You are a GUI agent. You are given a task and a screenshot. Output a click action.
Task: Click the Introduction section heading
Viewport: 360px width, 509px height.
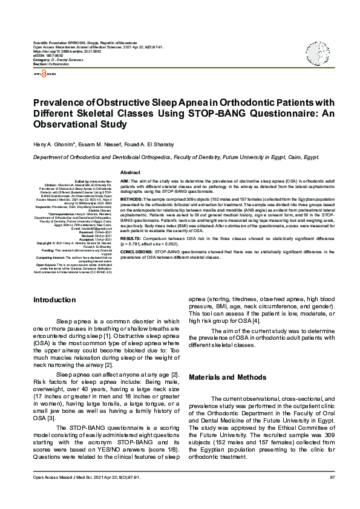point(54,300)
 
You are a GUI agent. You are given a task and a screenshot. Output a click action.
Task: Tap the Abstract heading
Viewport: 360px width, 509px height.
point(131,172)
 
